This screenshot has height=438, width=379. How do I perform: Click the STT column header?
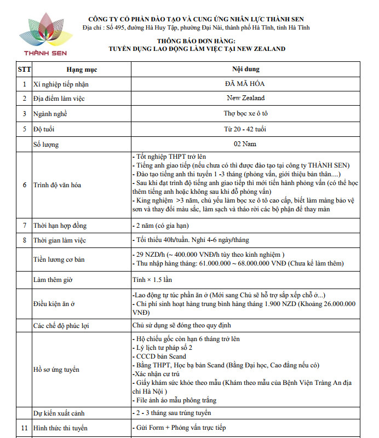coord(24,70)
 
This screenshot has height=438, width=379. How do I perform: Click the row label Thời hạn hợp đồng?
coord(60,226)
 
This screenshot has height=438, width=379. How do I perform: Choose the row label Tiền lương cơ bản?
coord(61,259)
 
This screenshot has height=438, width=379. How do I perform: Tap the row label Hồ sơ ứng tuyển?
coord(58,369)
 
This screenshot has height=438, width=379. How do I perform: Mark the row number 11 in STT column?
coord(24,428)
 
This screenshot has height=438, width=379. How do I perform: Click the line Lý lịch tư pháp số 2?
coord(163,348)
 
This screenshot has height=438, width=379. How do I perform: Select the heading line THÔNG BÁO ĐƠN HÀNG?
coord(196,41)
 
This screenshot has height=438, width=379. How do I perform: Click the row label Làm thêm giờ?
coord(53,279)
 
